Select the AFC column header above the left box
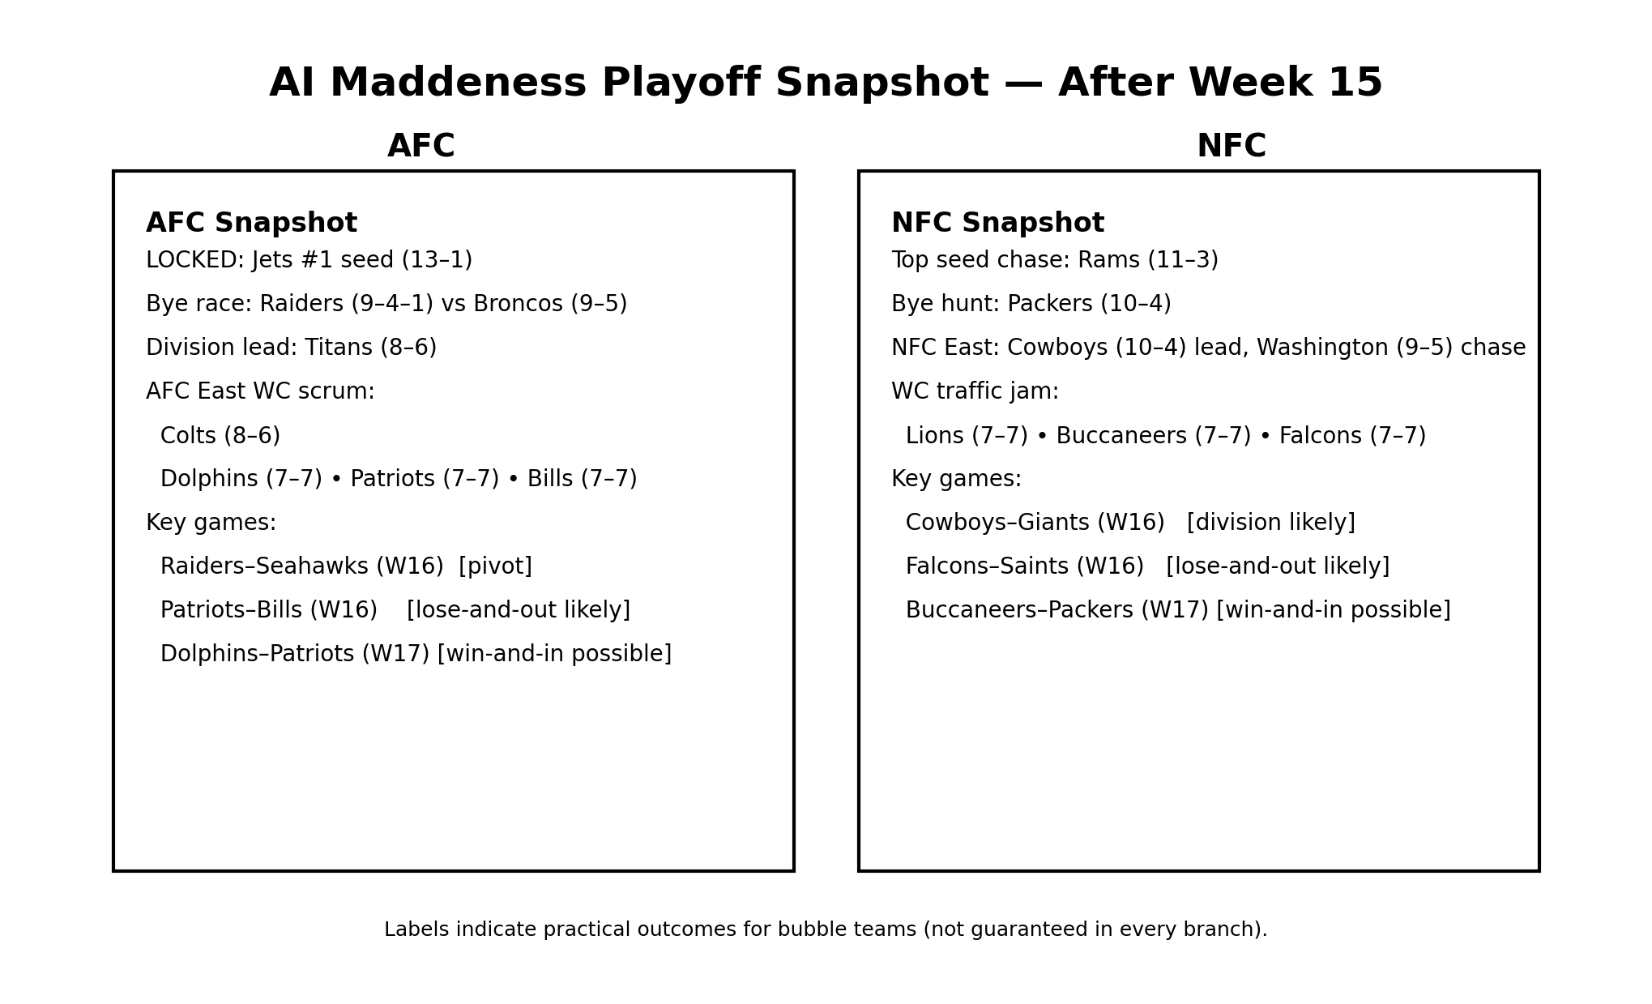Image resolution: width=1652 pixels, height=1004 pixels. coord(420,147)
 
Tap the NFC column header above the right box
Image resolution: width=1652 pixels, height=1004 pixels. coord(1231,147)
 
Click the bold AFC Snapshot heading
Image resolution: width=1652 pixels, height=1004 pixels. coord(251,223)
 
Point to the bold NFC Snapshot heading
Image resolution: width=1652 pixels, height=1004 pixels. coord(997,223)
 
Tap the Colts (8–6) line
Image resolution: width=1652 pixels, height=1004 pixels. coord(220,436)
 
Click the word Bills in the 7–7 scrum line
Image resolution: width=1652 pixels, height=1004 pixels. coord(550,480)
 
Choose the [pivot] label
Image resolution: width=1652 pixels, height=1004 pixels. coord(495,567)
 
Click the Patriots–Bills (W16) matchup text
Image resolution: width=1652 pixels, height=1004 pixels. coord(269,611)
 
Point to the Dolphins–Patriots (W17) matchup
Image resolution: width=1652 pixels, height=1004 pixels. coord(295,655)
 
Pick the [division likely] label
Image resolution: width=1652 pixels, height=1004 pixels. coord(1270,523)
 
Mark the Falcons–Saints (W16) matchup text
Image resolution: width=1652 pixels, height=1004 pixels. coord(1024,567)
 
